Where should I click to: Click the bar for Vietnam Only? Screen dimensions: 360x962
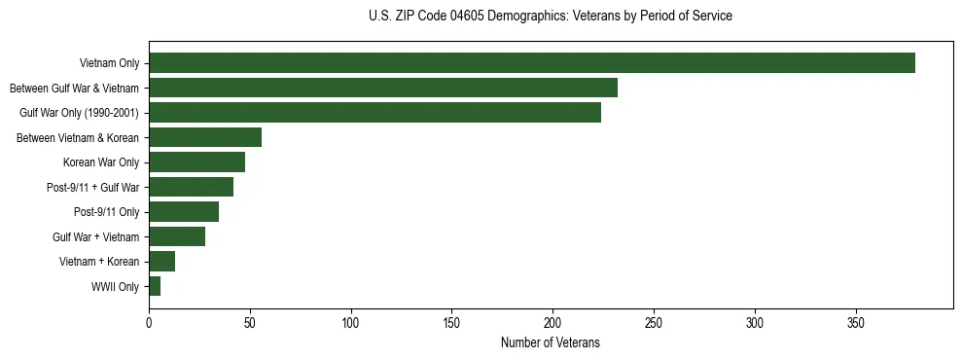click(531, 63)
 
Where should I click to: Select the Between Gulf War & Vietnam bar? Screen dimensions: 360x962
click(382, 88)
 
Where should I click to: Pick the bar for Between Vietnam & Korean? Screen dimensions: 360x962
click(205, 137)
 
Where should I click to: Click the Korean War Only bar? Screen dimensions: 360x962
click(196, 162)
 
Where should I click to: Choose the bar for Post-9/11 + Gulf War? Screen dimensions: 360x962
click(191, 187)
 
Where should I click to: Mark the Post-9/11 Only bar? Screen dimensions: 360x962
click(184, 212)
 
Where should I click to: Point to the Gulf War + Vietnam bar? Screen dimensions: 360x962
click(177, 236)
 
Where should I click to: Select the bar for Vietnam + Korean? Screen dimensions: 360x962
click(161, 261)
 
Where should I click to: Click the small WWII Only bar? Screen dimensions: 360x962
click(155, 286)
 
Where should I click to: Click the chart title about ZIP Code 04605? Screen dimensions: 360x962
click(551, 17)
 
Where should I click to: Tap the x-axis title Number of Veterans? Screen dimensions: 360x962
click(551, 343)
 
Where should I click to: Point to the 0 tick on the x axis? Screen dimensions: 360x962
click(149, 323)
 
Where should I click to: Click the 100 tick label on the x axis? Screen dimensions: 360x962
click(351, 323)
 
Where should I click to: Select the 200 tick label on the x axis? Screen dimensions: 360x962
click(552, 323)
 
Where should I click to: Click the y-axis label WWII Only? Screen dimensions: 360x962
click(115, 286)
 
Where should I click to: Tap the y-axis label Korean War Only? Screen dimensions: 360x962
click(101, 162)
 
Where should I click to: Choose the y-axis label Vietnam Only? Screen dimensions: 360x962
click(109, 63)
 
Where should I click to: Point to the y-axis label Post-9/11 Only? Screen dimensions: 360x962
click(106, 212)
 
